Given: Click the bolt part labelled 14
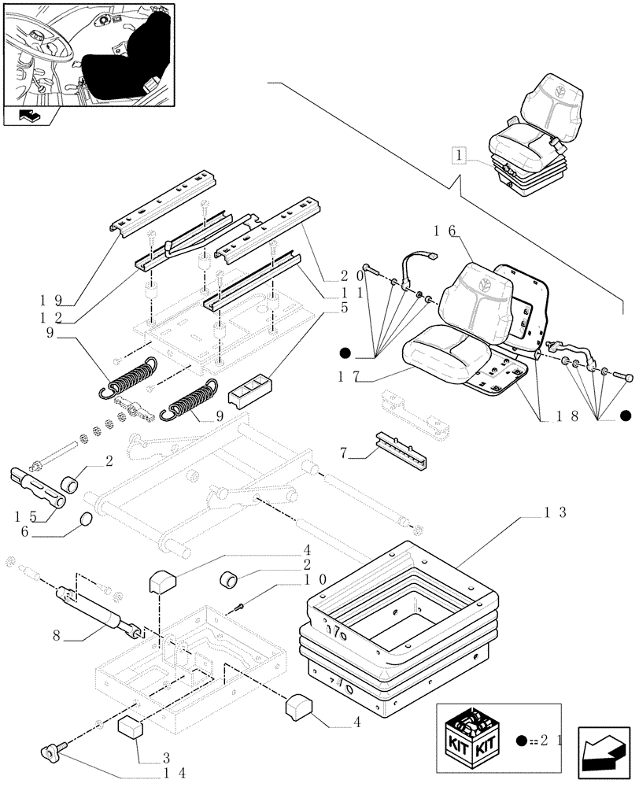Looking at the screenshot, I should (x=50, y=753).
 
